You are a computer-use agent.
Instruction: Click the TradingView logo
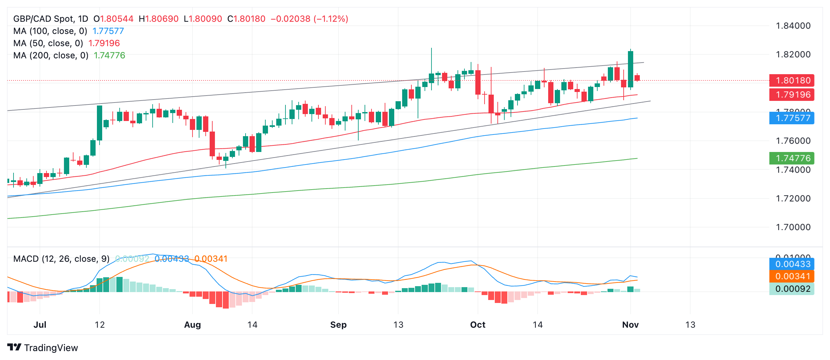pyautogui.click(x=43, y=347)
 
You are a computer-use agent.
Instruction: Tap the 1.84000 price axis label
pyautogui.click(x=793, y=26)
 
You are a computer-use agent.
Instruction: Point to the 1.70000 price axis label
pyautogui.click(x=793, y=227)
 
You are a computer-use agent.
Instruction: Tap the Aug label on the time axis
pyautogui.click(x=193, y=325)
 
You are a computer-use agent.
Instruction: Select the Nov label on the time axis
pyautogui.click(x=630, y=325)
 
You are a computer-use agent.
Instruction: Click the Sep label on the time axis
pyautogui.click(x=338, y=325)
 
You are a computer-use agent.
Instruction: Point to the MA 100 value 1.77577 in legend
pyautogui.click(x=108, y=31)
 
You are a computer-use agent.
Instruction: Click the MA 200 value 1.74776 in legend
pyautogui.click(x=109, y=55)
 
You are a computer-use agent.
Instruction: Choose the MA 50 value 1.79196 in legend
pyautogui.click(x=104, y=43)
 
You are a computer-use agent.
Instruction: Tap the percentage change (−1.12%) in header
pyautogui.click(x=331, y=19)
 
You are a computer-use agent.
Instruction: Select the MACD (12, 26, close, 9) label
pyautogui.click(x=61, y=259)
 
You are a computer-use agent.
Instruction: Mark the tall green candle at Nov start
pyautogui.click(x=631, y=69)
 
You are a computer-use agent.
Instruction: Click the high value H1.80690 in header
pyautogui.click(x=159, y=19)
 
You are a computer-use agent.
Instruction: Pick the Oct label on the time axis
pyautogui.click(x=478, y=325)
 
